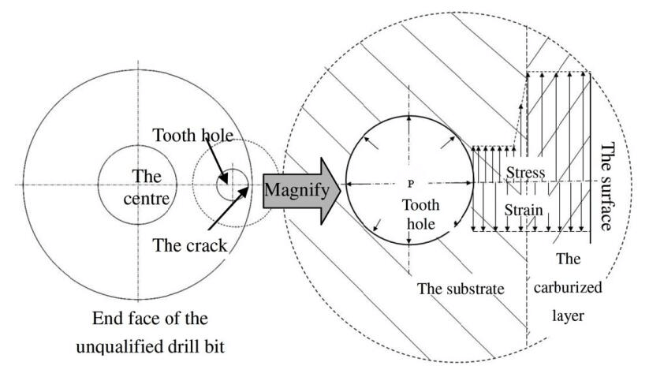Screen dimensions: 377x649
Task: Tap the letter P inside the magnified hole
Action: [x=410, y=183]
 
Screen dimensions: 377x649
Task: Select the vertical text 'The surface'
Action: [x=608, y=186]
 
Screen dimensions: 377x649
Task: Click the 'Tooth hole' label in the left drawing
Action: [x=194, y=136]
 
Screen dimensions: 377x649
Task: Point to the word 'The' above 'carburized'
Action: [x=568, y=258]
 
